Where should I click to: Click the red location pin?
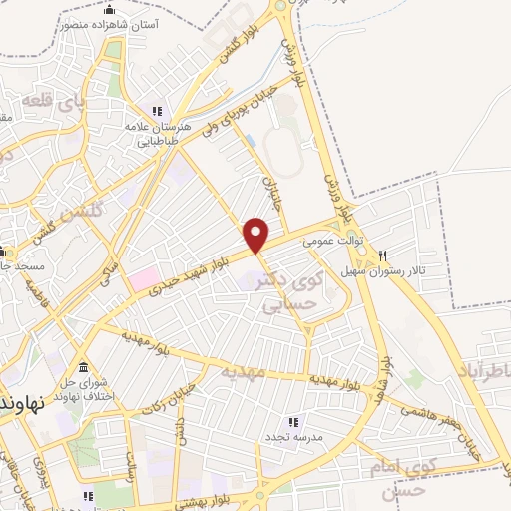coord(256,235)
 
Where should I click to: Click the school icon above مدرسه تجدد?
coord(293,423)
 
